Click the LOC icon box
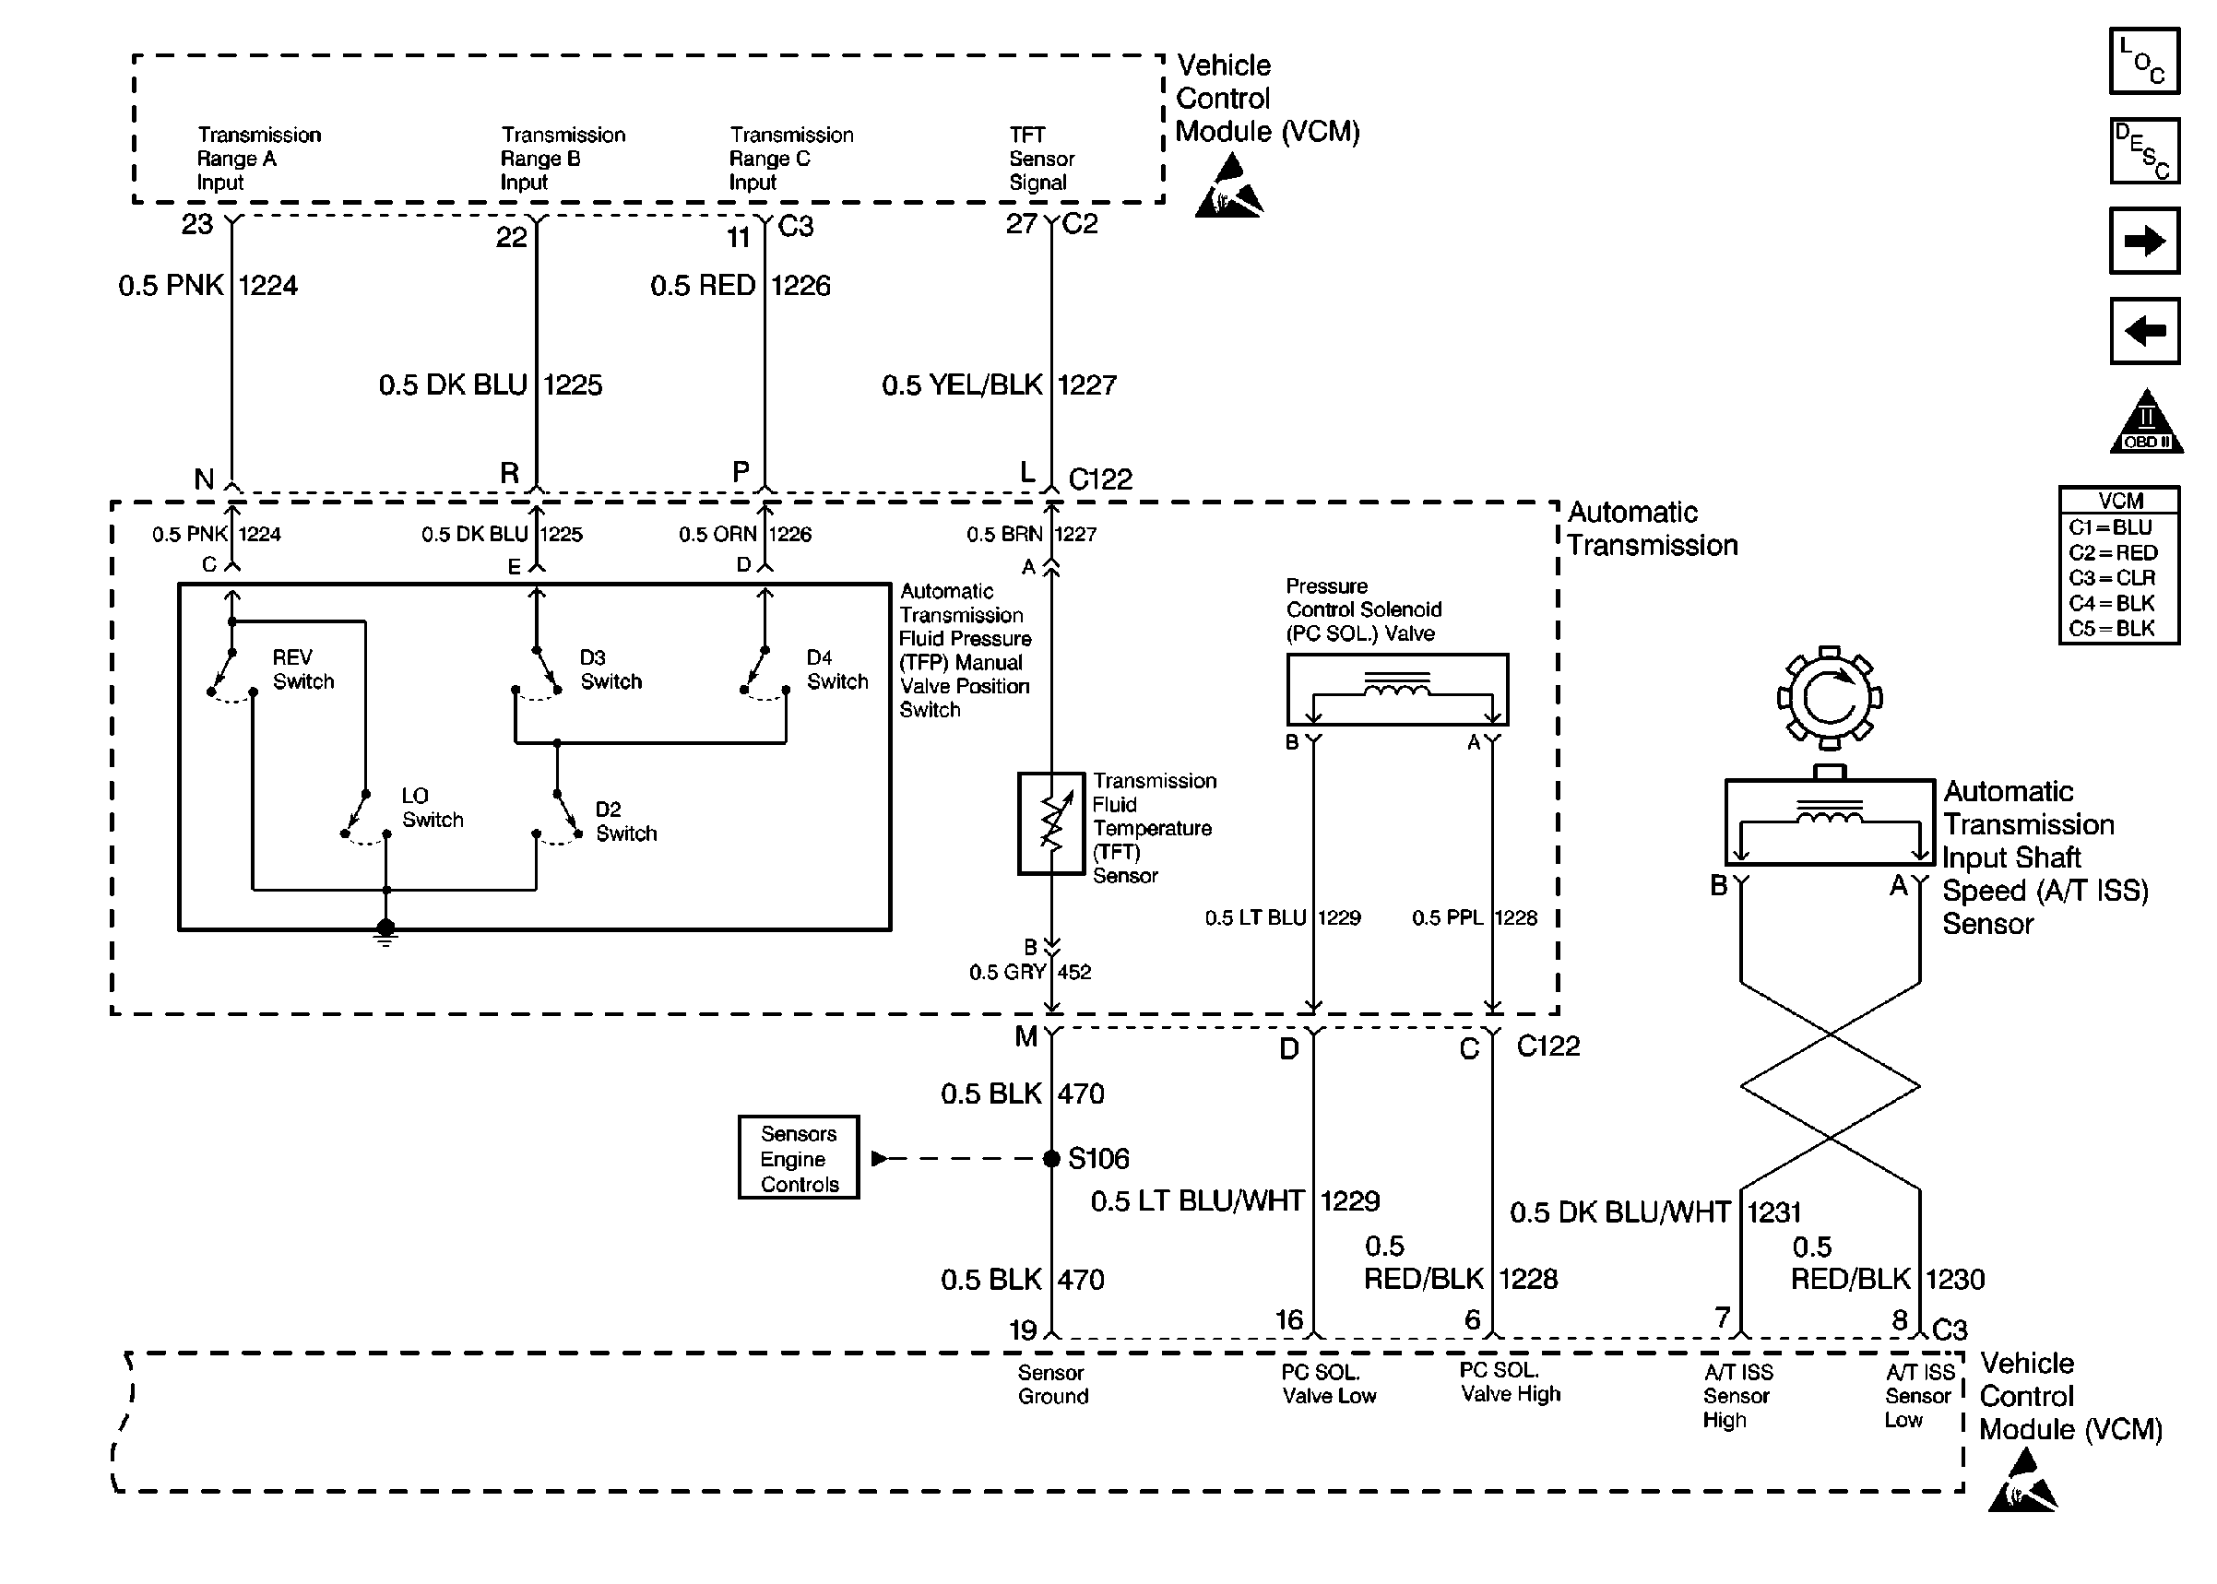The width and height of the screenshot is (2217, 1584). click(2144, 62)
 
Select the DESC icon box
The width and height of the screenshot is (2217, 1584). click(2144, 151)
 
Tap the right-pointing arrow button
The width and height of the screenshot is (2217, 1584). click(2144, 241)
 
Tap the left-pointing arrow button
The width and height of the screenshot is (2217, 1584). click(2144, 331)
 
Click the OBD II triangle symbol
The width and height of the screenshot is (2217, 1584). click(2146, 421)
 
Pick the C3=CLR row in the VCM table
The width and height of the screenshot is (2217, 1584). click(2111, 577)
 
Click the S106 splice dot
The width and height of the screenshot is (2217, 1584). click(1050, 1159)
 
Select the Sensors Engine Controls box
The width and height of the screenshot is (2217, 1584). click(798, 1158)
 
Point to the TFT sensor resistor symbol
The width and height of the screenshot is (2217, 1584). click(1050, 823)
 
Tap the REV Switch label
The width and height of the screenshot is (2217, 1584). click(303, 669)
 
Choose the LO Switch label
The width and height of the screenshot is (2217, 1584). click(433, 808)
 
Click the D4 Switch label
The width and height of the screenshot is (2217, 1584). click(836, 669)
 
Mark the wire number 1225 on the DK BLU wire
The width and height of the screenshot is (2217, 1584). click(573, 385)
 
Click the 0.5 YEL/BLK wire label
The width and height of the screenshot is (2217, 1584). click(962, 385)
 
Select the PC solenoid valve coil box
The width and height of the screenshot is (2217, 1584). click(1397, 690)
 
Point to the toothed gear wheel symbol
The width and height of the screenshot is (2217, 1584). click(1829, 697)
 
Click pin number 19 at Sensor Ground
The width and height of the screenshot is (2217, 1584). click(1022, 1330)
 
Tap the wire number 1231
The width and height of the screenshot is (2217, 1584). click(1773, 1212)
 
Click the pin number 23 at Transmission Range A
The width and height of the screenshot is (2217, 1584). click(197, 224)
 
